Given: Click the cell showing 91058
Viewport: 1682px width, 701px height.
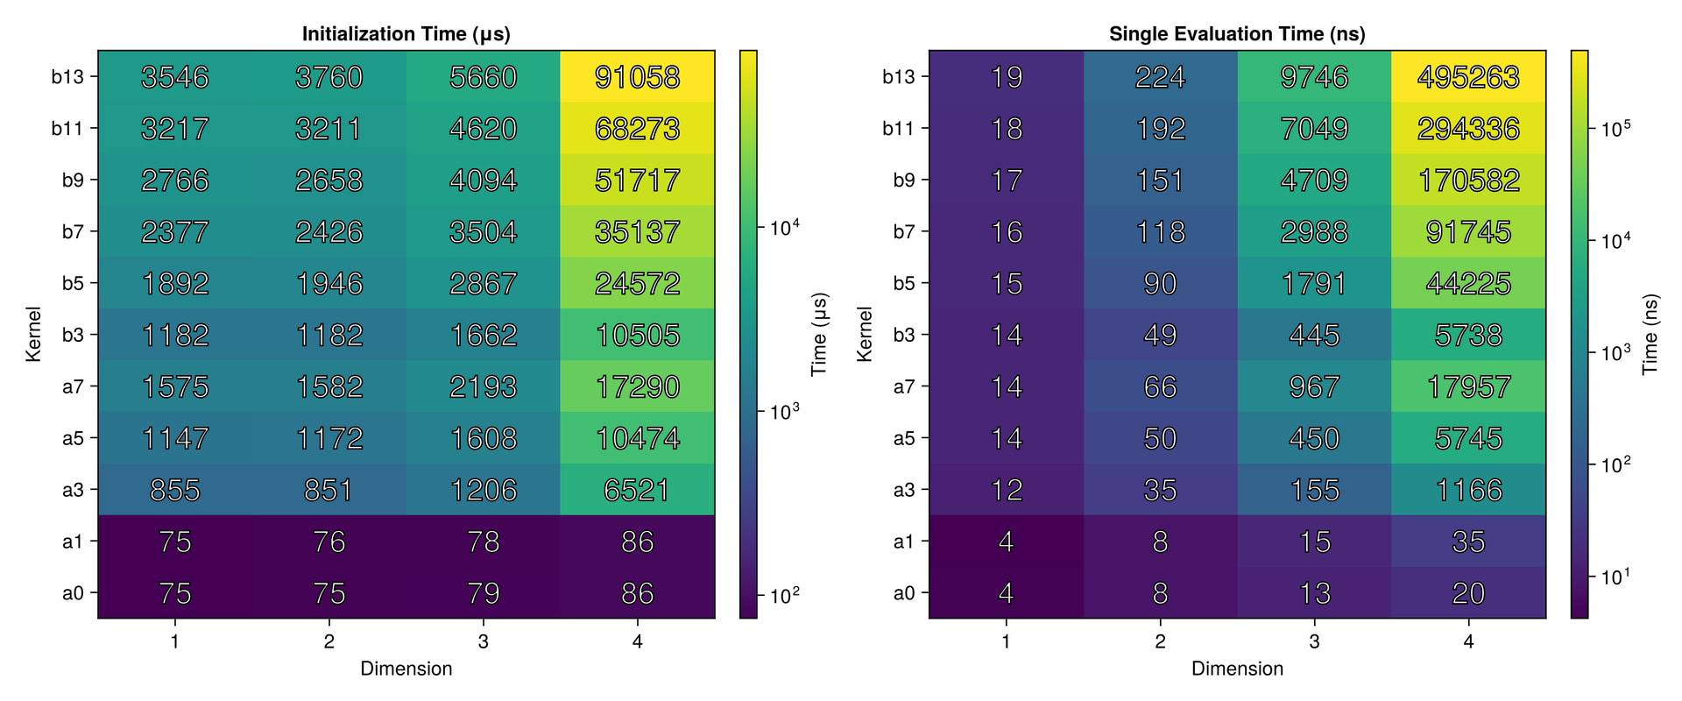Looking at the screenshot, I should (637, 77).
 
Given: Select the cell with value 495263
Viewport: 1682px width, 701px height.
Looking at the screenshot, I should (1468, 77).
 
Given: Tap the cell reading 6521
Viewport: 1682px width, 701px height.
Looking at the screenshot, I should (637, 490).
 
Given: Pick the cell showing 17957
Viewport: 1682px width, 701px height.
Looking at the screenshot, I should (1468, 386).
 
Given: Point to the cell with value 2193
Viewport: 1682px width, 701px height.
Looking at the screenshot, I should (483, 386).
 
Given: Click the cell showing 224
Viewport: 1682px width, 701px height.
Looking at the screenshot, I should (1160, 77).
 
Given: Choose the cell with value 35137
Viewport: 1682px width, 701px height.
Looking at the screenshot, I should (637, 232).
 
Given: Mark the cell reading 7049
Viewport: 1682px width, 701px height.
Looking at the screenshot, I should (1314, 129).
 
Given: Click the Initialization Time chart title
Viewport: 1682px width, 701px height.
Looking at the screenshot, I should (406, 34).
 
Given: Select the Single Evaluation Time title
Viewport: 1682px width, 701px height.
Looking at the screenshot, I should (1237, 34).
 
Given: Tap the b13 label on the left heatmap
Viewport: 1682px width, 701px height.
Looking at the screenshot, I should (67, 77).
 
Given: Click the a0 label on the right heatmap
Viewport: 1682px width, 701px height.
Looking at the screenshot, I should (904, 593).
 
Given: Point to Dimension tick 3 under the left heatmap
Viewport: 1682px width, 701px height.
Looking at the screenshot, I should (483, 641).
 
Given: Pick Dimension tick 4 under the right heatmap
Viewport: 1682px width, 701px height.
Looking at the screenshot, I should (1468, 641).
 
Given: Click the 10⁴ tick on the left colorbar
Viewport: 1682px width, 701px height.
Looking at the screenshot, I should (785, 228).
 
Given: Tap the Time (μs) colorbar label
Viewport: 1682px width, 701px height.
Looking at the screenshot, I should (819, 334).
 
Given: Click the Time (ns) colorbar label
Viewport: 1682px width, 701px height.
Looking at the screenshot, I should (1650, 334).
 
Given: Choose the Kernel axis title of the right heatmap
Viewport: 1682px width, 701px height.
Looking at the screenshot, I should (865, 334).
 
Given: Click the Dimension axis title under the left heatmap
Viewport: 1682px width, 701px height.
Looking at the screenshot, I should (406, 669).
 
